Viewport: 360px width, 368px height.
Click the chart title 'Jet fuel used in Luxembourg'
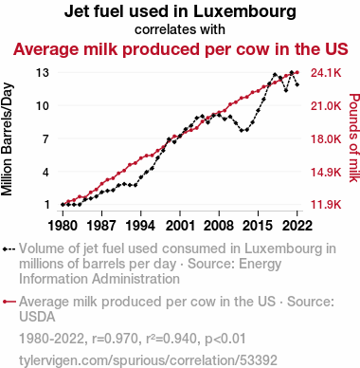[x=180, y=11]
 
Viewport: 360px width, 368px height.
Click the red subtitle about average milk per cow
[x=181, y=49]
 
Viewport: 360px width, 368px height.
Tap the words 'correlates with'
[x=180, y=29]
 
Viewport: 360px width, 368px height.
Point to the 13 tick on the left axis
[x=43, y=73]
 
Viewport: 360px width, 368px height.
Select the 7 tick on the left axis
[x=46, y=138]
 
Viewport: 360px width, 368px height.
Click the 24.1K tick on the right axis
[x=326, y=73]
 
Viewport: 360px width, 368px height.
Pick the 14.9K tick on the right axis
[x=326, y=173]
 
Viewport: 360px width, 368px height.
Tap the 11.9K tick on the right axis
[x=326, y=205]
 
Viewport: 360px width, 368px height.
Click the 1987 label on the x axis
[x=101, y=226]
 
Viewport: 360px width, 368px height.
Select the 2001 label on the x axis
[x=180, y=226]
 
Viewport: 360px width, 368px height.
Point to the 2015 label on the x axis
[x=258, y=226]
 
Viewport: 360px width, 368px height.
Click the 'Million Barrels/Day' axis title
[x=7, y=139]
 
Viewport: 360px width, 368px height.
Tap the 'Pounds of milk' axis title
[x=354, y=138]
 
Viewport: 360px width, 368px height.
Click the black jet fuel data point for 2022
[x=297, y=84]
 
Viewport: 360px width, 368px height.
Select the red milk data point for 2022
[x=297, y=73]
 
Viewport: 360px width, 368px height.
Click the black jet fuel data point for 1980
[x=63, y=205]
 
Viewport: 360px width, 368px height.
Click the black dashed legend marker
[x=9, y=249]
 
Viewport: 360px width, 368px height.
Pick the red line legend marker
[x=9, y=302]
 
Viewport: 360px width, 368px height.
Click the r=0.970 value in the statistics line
[x=116, y=339]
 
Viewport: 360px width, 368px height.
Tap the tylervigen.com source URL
[x=148, y=360]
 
